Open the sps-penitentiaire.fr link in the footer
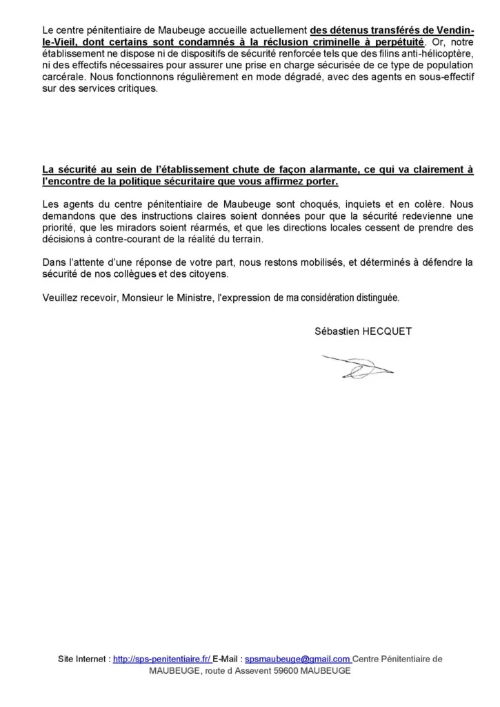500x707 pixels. (x=161, y=659)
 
